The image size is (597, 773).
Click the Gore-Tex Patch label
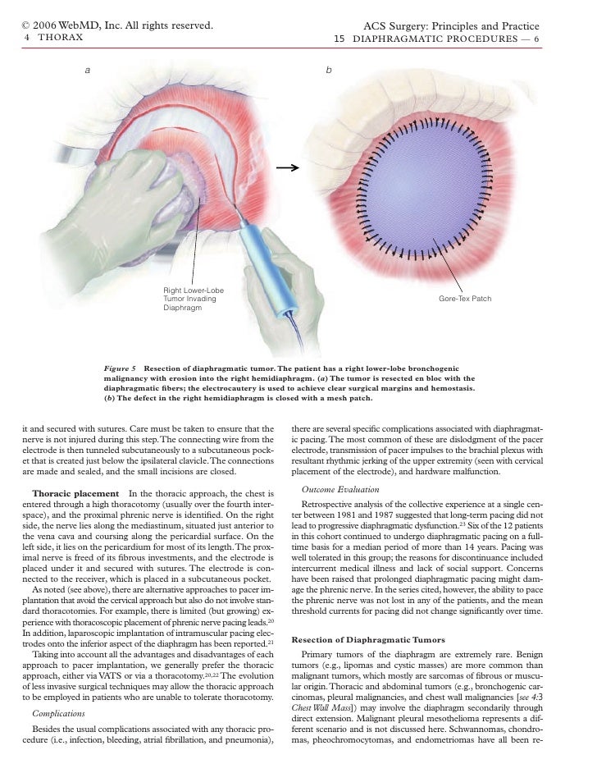pos(465,299)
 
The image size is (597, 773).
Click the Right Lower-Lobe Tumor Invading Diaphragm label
pos(194,300)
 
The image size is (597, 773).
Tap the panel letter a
pos(88,71)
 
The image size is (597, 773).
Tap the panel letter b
pos(328,71)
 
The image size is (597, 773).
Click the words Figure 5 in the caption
pos(120,370)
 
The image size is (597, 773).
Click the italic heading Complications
pos(58,714)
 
